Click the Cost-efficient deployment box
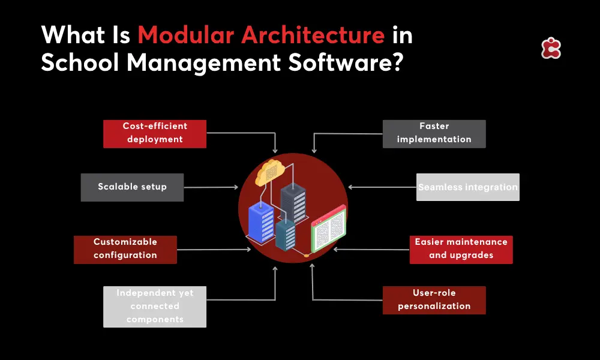tap(155, 134)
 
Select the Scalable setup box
tap(132, 187)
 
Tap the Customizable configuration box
tap(125, 249)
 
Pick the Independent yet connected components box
tap(155, 307)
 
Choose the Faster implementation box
tap(434, 134)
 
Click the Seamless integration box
tap(468, 187)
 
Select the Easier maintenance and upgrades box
tap(461, 249)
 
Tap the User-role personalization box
tap(434, 300)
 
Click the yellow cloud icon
tap(268, 173)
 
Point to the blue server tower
tap(260, 223)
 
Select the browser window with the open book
tap(328, 229)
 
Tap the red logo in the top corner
tap(550, 49)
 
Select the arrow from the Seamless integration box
tap(382, 187)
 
